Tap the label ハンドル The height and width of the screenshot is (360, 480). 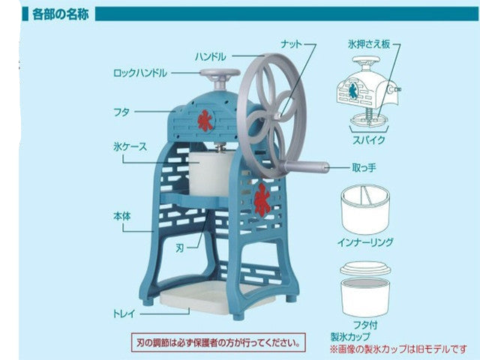210,56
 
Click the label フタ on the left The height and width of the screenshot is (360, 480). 121,112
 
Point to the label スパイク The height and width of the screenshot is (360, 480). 368,140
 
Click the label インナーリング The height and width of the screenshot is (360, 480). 367,242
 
